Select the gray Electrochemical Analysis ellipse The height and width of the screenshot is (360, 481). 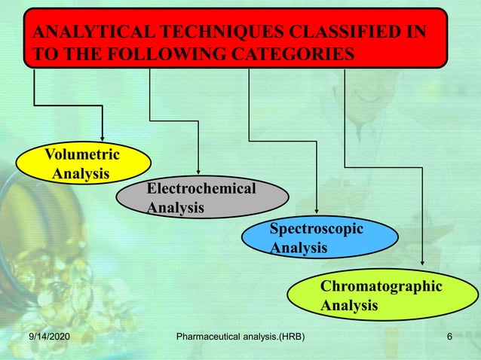tap(202, 197)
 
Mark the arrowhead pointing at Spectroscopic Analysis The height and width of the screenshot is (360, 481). tap(317, 212)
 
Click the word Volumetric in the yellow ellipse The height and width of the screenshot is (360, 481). tap(81, 156)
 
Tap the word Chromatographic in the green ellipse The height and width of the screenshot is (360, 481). tap(381, 287)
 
